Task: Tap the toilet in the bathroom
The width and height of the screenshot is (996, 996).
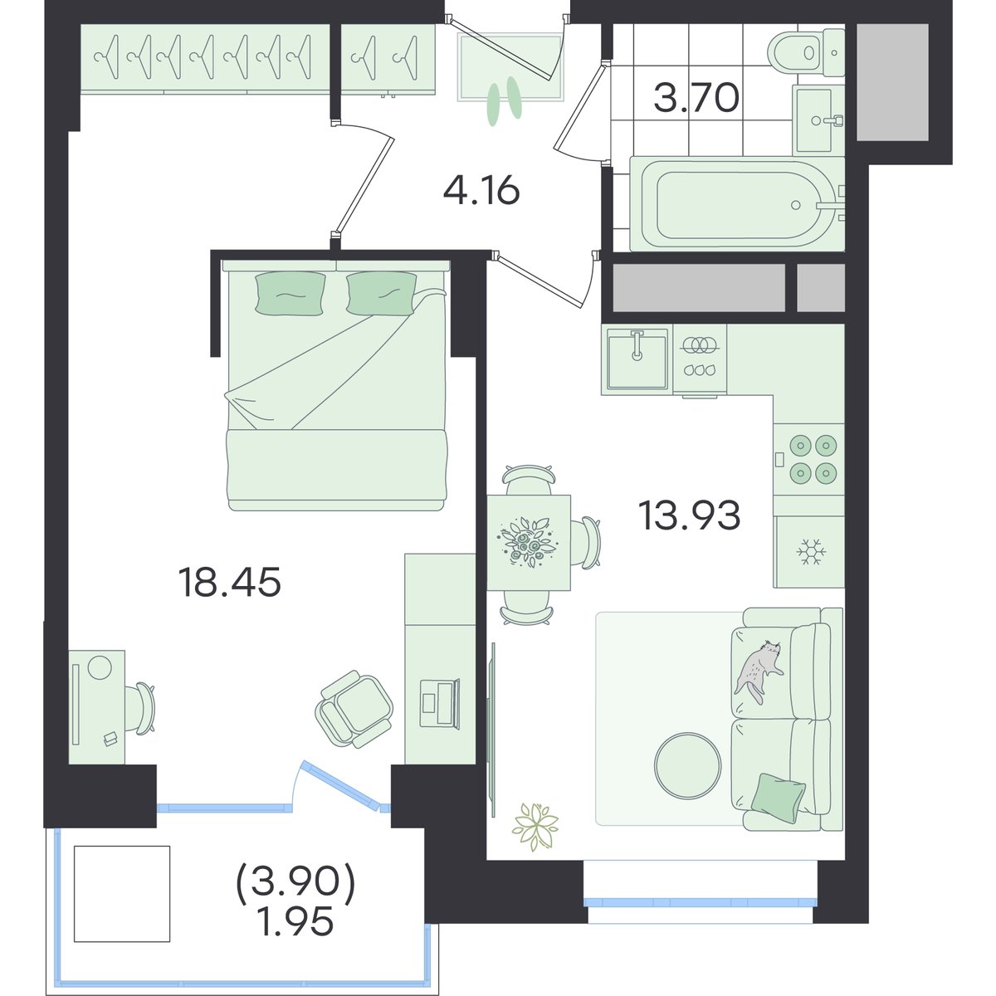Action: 806,52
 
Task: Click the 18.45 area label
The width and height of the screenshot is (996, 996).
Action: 229,582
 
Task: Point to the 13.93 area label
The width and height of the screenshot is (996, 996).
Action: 690,515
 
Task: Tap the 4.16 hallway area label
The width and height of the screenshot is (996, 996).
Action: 481,191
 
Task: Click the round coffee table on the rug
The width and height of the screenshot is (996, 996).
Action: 687,766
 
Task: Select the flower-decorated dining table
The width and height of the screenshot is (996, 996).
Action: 529,543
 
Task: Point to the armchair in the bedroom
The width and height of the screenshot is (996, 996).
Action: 354,709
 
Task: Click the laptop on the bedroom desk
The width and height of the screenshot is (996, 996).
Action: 439,704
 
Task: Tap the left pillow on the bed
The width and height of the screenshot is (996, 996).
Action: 291,292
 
